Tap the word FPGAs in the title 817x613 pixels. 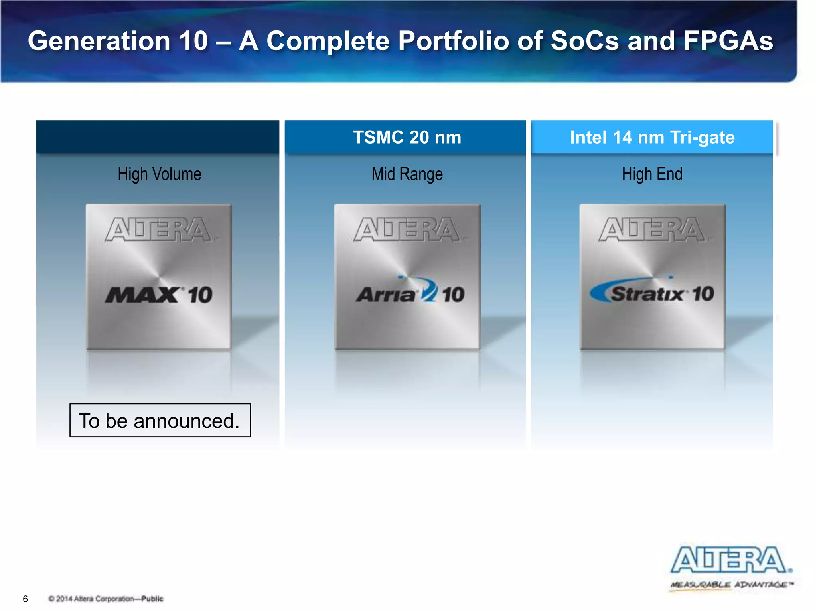pos(728,41)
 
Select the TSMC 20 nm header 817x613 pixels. pos(407,137)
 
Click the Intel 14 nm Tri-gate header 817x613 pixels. pos(652,137)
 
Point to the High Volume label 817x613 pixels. pos(159,174)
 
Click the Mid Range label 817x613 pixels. pos(407,174)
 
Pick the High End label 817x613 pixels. pos(652,174)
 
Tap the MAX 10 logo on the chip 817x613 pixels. pos(159,295)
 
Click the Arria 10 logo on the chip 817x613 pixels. pos(410,293)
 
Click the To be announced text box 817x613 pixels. pos(160,421)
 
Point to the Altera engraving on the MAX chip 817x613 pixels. pos(158,229)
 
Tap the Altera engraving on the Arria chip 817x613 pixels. pos(407,229)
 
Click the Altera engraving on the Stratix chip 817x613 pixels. pos(652,229)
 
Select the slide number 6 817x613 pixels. pos(26,599)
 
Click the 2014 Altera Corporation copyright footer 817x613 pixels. pos(106,599)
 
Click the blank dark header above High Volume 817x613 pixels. pos(158,136)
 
